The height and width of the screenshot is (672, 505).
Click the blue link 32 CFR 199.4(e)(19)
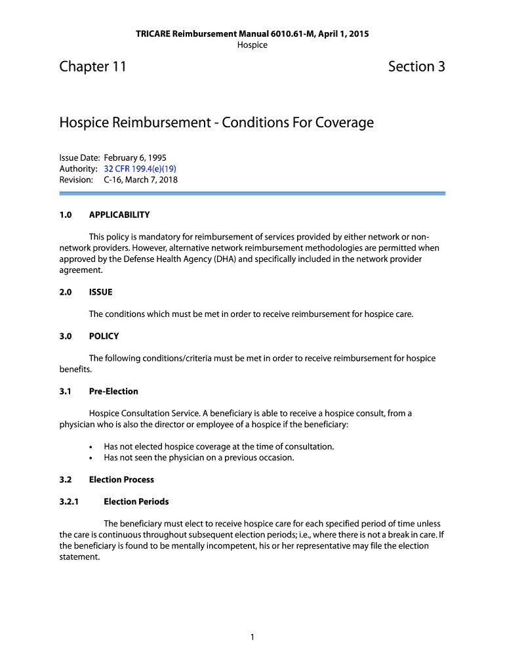pyautogui.click(x=140, y=169)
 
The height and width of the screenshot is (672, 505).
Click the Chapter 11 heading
pyautogui.click(x=92, y=66)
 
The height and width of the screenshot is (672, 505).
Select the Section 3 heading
pyautogui.click(x=416, y=66)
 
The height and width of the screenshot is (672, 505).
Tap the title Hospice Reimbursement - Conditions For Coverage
pyautogui.click(x=216, y=123)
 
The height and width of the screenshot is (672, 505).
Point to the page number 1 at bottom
pyautogui.click(x=253, y=637)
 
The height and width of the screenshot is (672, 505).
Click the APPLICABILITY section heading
pyautogui.click(x=119, y=215)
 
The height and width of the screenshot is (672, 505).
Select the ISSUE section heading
pyautogui.click(x=101, y=292)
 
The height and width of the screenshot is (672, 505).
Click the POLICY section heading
pyautogui.click(x=104, y=336)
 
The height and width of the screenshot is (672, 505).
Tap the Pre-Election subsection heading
pyautogui.click(x=113, y=391)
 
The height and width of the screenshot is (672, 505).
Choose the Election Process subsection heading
pyautogui.click(x=121, y=480)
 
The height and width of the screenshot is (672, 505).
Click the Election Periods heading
pyautogui.click(x=136, y=501)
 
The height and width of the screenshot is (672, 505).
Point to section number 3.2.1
pyautogui.click(x=69, y=501)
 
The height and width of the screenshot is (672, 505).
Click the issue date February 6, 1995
pyautogui.click(x=135, y=158)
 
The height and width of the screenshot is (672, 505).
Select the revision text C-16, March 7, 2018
pyautogui.click(x=140, y=179)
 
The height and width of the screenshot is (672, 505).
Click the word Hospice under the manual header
pyautogui.click(x=253, y=45)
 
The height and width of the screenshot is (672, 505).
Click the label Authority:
pyautogui.click(x=78, y=169)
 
